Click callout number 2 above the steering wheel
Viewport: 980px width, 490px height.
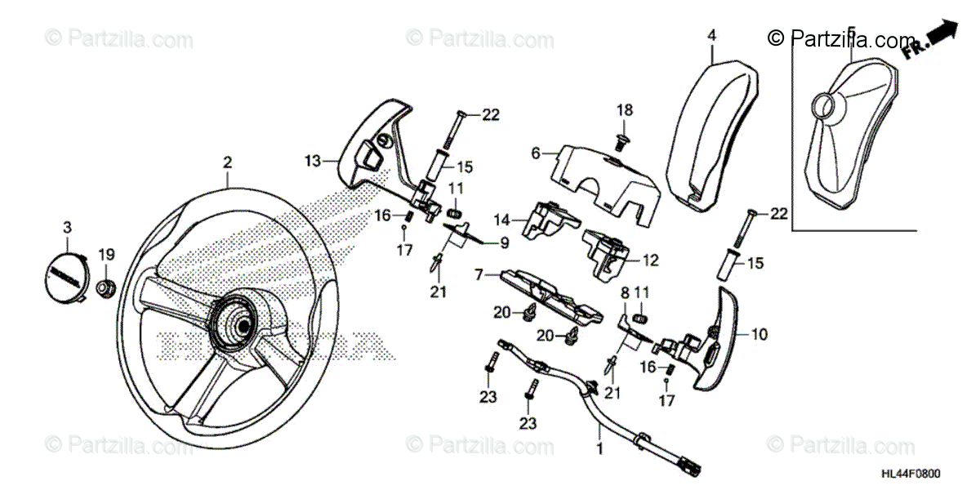click(x=228, y=163)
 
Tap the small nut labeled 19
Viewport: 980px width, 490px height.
click(x=105, y=287)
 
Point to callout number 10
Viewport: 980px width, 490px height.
click(x=759, y=333)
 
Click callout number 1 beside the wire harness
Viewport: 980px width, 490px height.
click(x=601, y=448)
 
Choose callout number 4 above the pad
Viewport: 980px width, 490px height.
click(x=711, y=36)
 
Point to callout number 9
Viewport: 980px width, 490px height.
click(x=505, y=242)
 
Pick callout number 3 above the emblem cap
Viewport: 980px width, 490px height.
click(x=69, y=225)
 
